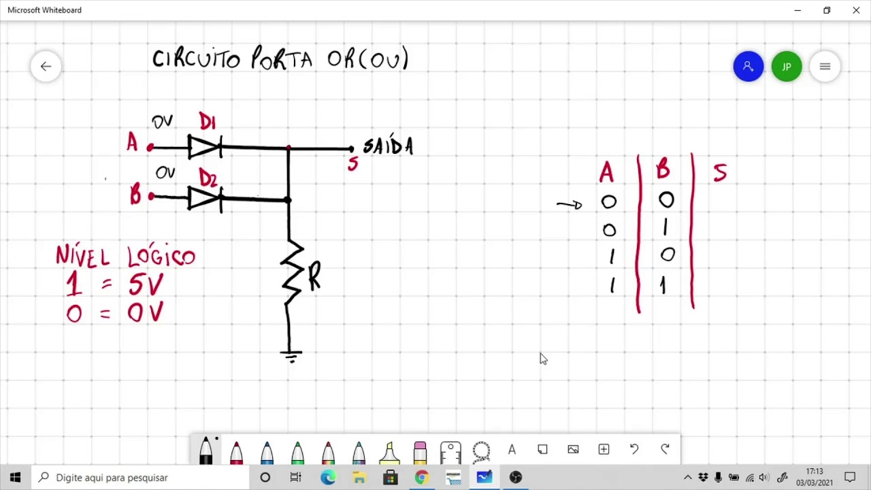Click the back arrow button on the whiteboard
coord(46,67)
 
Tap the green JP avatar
coord(787,67)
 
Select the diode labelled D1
coord(205,147)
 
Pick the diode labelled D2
coord(205,199)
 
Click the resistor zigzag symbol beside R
coord(292,272)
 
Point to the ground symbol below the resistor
coord(291,356)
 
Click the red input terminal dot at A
coord(150,148)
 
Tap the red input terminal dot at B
coord(151,197)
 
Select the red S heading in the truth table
coord(720,172)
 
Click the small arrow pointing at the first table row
coord(570,205)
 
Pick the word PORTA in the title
coord(282,59)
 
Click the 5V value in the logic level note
coord(146,284)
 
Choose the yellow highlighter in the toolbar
coord(389,453)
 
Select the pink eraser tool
coord(420,453)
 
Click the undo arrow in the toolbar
coord(634,449)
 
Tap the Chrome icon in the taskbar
coord(422,477)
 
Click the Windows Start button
coord(16,477)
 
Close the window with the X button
coord(856,10)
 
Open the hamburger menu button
coord(825,67)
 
